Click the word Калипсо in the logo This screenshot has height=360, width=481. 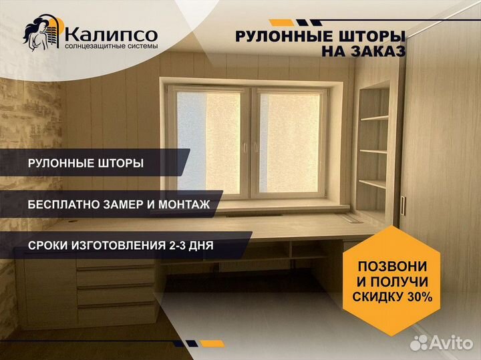(x=112, y=34)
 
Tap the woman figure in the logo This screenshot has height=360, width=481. (x=36, y=34)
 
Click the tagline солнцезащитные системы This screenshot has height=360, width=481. (x=112, y=46)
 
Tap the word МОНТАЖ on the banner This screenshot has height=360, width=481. (x=184, y=204)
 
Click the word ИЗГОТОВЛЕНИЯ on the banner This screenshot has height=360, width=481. (x=118, y=246)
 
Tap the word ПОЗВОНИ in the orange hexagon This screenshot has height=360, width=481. (x=392, y=266)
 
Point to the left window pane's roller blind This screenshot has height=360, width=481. (x=209, y=142)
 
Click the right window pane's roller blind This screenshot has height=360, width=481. (x=289, y=142)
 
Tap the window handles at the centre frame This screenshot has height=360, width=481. (x=251, y=148)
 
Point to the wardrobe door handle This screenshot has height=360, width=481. (x=403, y=206)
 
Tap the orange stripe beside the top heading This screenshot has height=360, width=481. (x=282, y=23)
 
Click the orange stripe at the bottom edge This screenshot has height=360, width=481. (x=212, y=343)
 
